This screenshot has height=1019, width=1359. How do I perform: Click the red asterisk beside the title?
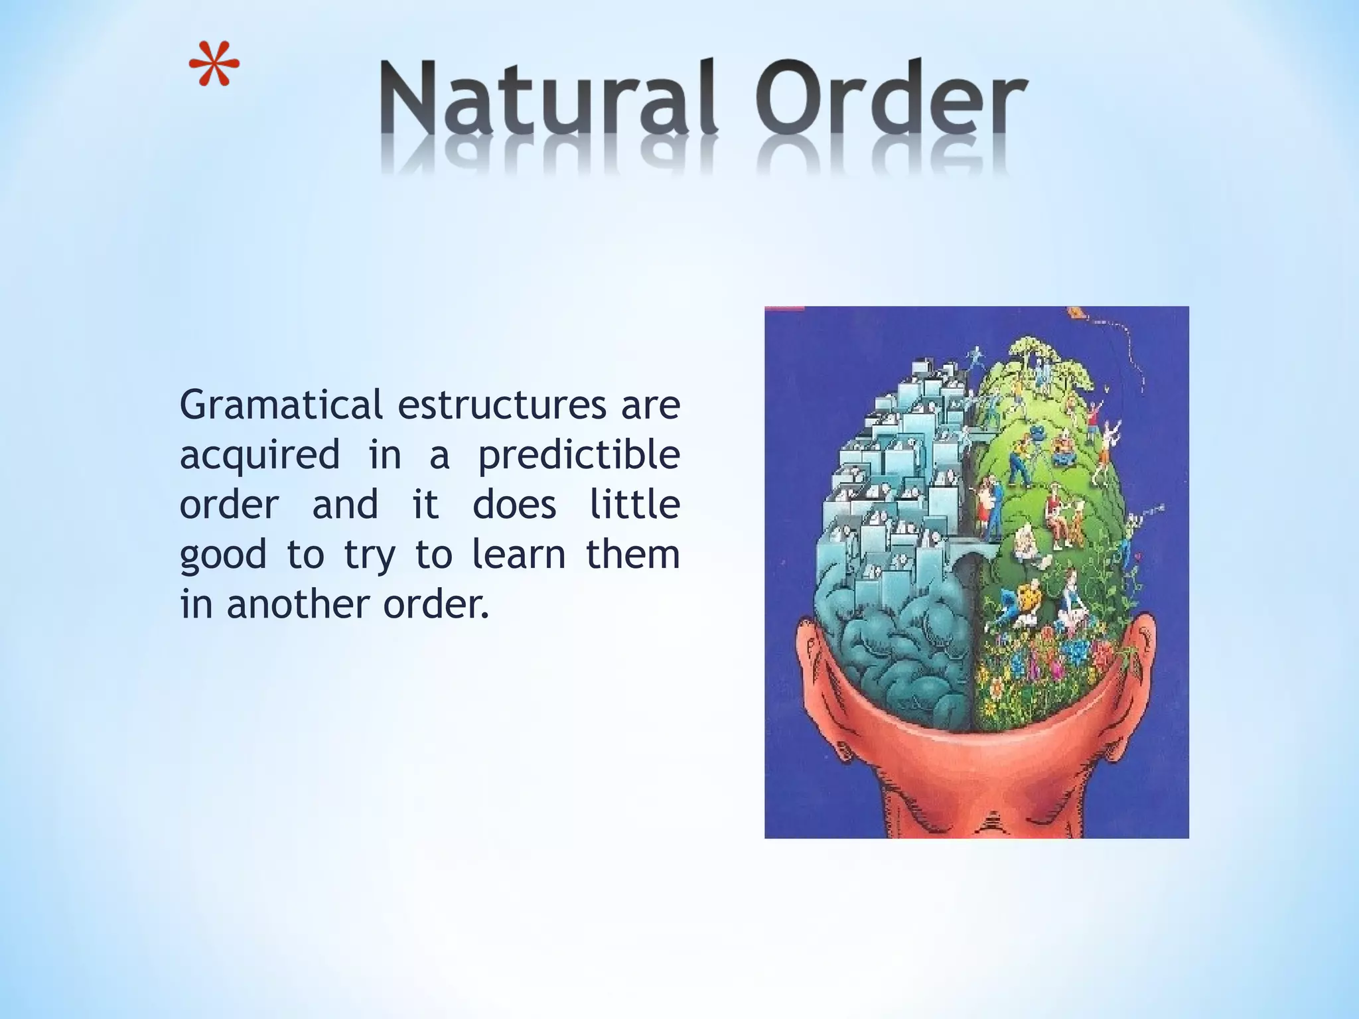(214, 65)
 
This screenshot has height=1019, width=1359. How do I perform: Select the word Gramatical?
(281, 405)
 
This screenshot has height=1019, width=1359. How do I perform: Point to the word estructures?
(502, 405)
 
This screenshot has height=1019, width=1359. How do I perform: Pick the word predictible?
(579, 455)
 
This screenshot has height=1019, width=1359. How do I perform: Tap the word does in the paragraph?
(514, 505)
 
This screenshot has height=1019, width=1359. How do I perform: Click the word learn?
(518, 555)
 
